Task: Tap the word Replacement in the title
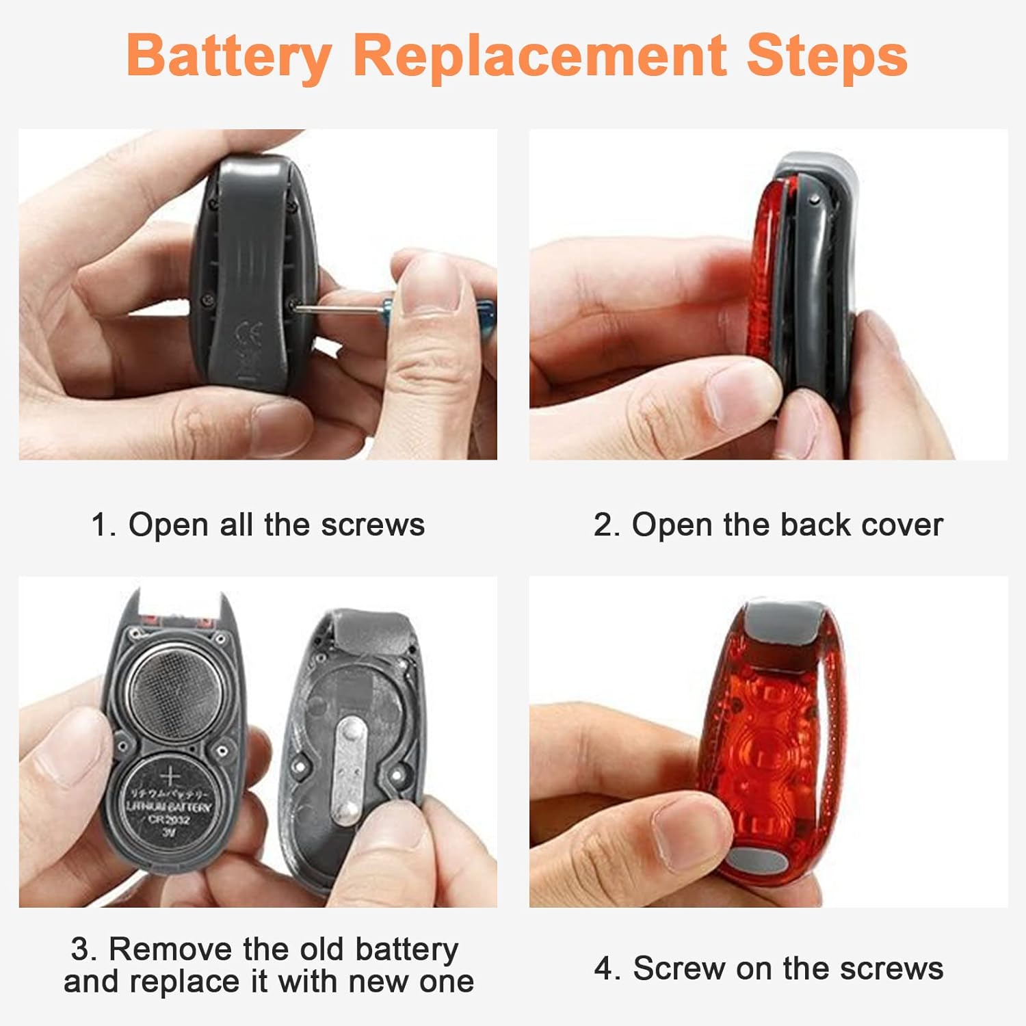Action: coord(540,56)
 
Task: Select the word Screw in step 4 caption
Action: coord(680,969)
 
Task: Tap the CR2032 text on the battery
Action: coord(169,819)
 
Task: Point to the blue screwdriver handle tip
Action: coord(486,313)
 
